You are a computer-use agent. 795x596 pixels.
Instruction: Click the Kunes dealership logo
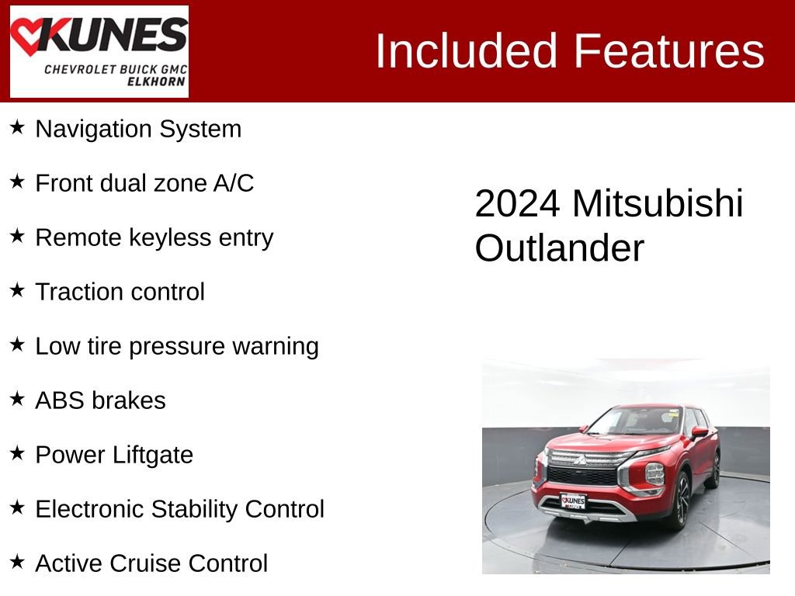99,51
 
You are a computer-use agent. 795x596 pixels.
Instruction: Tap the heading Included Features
569,51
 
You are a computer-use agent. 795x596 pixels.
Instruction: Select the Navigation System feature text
138,129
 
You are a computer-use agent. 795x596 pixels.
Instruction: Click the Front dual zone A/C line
144,183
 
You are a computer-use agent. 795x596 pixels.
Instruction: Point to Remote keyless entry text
154,237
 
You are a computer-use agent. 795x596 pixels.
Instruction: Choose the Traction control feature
120,292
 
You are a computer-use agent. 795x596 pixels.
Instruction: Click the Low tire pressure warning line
176,346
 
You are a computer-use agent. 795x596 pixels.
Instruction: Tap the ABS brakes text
100,400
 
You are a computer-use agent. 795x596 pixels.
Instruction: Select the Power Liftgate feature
114,455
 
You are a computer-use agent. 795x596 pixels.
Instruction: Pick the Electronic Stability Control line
179,509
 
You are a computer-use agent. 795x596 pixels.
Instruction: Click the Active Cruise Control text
151,563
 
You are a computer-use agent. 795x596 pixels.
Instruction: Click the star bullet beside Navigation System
17,127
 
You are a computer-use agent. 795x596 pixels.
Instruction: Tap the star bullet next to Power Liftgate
17,453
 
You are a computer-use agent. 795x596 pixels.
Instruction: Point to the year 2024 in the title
516,204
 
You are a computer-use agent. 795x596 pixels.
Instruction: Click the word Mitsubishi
658,204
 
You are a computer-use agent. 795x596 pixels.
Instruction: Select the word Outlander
559,248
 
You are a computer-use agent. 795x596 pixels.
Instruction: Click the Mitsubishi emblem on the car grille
580,459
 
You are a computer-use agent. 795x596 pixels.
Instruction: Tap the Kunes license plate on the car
573,501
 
